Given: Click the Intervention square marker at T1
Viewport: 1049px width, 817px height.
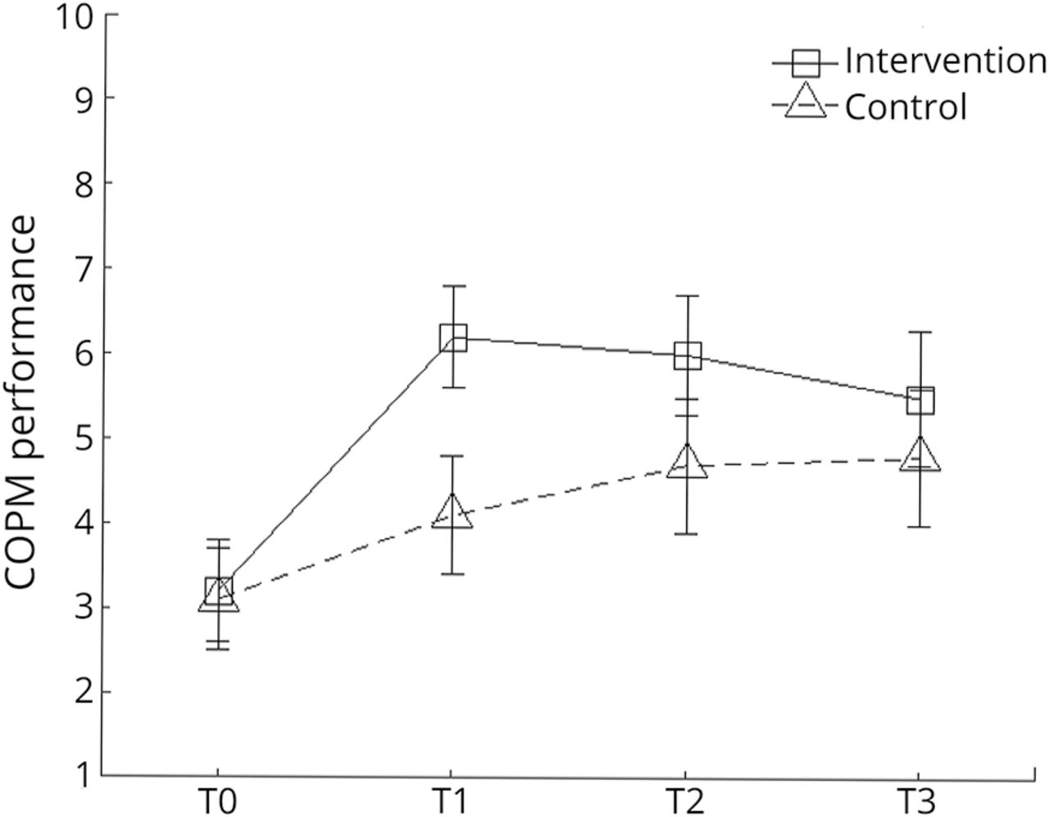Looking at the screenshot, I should point(452,338).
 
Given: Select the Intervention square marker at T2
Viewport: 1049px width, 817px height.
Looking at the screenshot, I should point(687,356).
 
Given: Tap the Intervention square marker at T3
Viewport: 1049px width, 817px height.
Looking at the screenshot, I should point(920,401).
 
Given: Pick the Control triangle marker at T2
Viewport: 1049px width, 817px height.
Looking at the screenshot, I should point(687,462).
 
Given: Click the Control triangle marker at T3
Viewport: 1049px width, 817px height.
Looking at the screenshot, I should point(920,456).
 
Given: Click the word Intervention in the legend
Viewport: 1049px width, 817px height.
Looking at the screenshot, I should point(945,61).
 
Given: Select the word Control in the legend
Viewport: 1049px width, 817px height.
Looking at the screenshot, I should point(906,107).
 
